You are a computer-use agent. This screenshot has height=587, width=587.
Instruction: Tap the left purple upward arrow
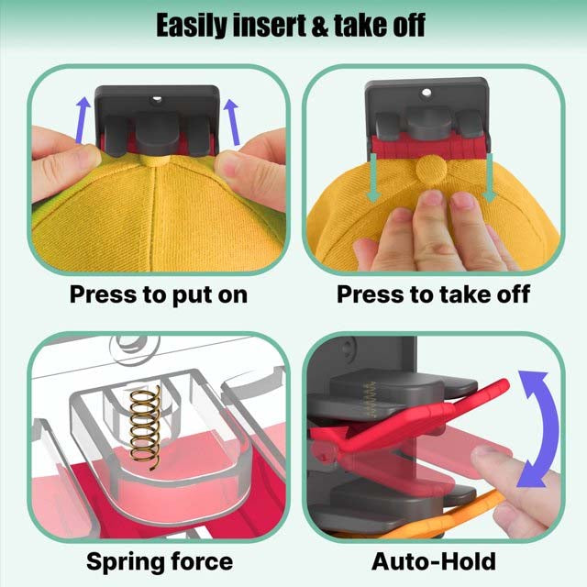coord(83,120)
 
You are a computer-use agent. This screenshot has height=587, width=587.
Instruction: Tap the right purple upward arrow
coord(232,122)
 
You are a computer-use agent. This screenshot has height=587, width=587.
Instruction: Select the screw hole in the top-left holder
coord(157,99)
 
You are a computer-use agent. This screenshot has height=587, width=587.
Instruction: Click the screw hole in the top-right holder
coord(426,92)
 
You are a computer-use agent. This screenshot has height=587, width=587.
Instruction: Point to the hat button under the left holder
coord(154,161)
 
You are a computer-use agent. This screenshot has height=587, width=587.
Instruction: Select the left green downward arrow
coord(373,177)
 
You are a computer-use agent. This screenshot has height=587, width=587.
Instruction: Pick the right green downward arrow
coord(489,177)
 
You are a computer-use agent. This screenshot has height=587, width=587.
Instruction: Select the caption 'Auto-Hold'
coord(434,561)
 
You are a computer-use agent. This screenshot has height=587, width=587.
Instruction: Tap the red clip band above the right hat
coord(430,147)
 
